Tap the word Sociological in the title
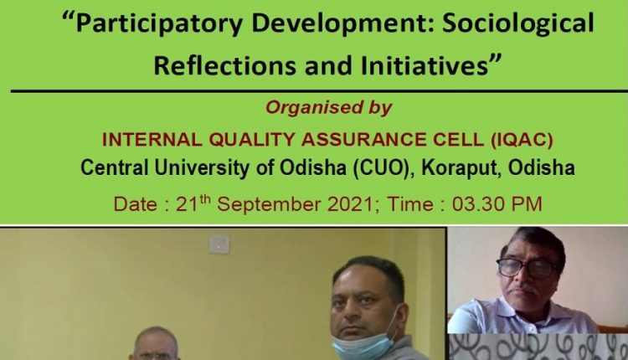click(x=517, y=23)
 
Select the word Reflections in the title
click(x=225, y=65)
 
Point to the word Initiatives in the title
click(x=425, y=65)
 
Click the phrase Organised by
click(x=328, y=108)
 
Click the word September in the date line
click(x=272, y=204)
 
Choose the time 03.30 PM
click(x=497, y=203)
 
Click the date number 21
click(x=188, y=204)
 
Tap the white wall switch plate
click(x=219, y=244)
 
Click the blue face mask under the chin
click(x=363, y=345)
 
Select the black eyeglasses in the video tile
click(x=526, y=268)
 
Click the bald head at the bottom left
click(x=156, y=339)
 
